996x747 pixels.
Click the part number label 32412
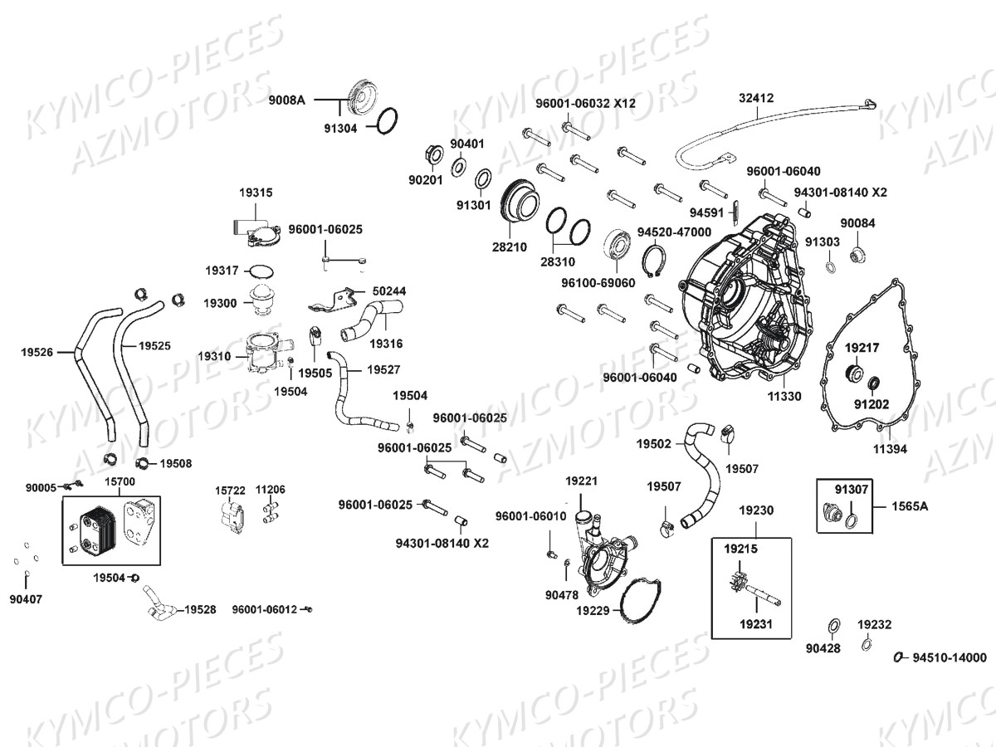(x=756, y=98)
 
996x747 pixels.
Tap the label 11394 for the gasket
(x=889, y=448)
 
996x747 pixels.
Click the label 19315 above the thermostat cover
(x=256, y=193)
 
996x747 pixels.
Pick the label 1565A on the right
(x=910, y=505)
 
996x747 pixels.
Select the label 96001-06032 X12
(x=585, y=104)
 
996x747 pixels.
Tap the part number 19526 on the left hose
(x=37, y=352)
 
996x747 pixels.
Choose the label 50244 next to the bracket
(x=389, y=291)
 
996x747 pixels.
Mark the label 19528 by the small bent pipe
(x=200, y=609)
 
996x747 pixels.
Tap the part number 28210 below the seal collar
(x=510, y=247)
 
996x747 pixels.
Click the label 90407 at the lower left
(x=26, y=598)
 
